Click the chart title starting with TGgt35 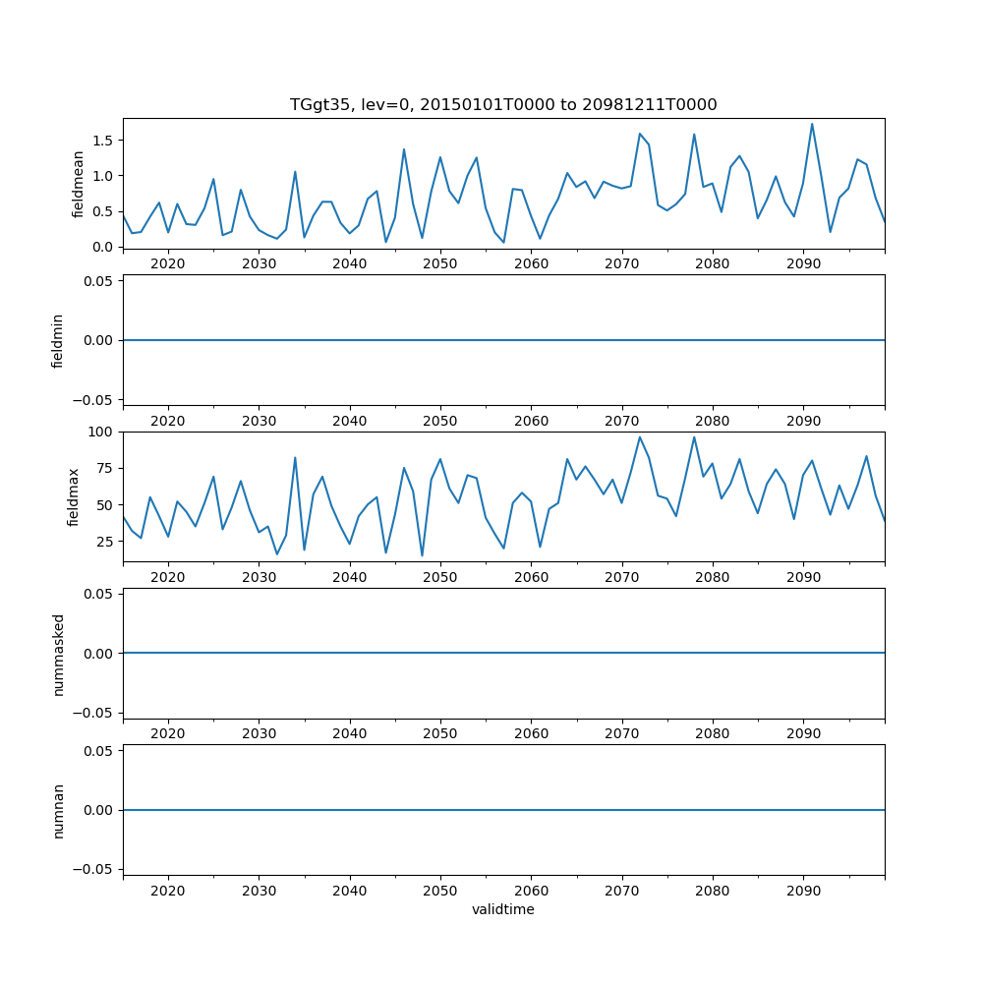click(x=503, y=104)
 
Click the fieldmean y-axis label click(x=78, y=183)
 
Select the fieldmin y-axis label click(x=58, y=340)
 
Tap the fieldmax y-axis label click(x=73, y=496)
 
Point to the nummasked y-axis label click(x=58, y=654)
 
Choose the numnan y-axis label click(x=58, y=810)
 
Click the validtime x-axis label click(x=503, y=910)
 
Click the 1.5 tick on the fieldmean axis click(x=102, y=140)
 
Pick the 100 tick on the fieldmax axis click(x=102, y=433)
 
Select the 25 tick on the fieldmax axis click(x=105, y=542)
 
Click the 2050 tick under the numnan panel click(x=440, y=891)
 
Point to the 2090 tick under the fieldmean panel click(x=803, y=264)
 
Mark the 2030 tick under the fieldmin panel click(x=259, y=421)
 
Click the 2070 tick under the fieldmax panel click(x=621, y=578)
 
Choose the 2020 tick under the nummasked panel click(x=168, y=734)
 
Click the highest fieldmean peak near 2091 click(x=812, y=124)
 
